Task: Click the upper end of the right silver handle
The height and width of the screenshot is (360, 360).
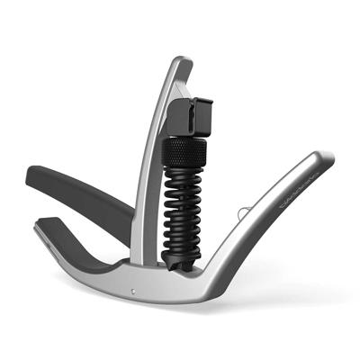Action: coord(325,160)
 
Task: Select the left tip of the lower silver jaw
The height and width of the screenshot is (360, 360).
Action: coord(38,228)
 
